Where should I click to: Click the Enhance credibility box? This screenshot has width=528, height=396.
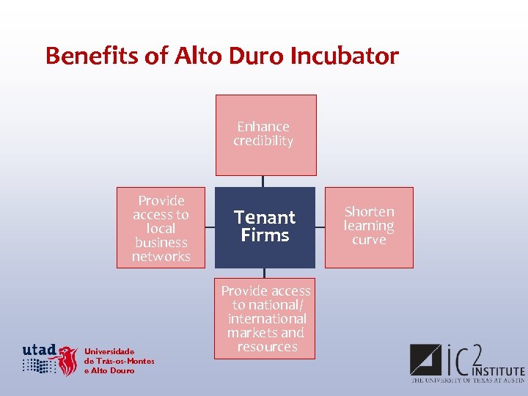tap(265, 135)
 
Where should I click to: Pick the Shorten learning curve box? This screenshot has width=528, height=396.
tap(369, 227)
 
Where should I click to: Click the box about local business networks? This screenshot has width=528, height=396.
tap(161, 227)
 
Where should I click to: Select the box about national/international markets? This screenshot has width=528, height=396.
tap(265, 318)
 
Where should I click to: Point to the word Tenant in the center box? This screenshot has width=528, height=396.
tap(265, 218)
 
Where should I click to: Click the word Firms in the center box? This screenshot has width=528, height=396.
tap(265, 235)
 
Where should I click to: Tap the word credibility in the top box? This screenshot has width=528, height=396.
tap(263, 141)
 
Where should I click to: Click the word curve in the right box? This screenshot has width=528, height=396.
tap(369, 240)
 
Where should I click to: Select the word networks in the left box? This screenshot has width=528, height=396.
tap(161, 257)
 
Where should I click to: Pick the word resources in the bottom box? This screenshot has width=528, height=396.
tap(267, 347)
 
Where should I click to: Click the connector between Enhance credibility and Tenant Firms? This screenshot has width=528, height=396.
tap(263, 181)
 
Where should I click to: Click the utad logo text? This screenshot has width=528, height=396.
tap(40, 350)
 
